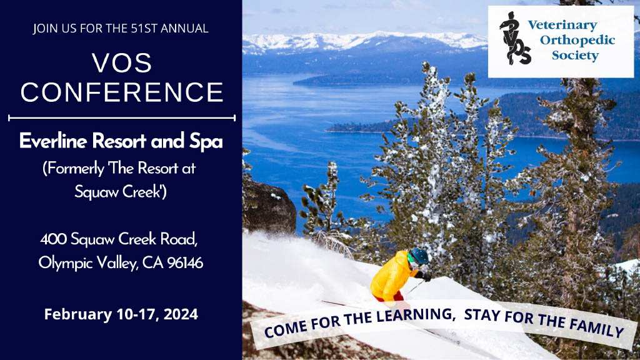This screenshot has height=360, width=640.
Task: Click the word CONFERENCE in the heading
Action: tap(122, 92)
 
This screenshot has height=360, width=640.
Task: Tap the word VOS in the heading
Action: tap(122, 63)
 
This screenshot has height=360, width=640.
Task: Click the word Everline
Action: tap(53, 141)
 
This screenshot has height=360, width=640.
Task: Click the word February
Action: tap(77, 315)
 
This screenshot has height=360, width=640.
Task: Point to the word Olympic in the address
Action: tap(66, 264)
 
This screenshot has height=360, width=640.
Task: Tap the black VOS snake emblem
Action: tap(515, 38)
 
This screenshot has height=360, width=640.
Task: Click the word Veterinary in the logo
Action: tap(562, 25)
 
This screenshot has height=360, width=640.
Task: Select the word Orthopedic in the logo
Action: tap(577, 41)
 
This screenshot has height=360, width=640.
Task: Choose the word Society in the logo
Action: tap(575, 55)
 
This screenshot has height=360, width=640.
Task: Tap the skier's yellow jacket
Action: tap(390, 276)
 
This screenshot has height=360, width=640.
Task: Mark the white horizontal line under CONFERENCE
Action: tap(122, 118)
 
